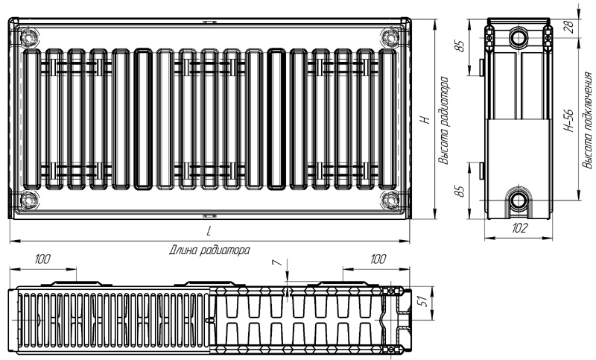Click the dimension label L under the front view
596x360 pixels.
(209, 231)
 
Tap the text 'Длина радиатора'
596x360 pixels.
(209, 250)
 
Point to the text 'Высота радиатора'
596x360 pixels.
(443, 121)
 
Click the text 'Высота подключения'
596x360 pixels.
(587, 120)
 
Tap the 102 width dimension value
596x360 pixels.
(519, 228)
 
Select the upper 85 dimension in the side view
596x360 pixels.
(460, 46)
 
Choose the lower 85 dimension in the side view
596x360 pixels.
(460, 191)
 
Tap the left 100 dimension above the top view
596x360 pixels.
(42, 259)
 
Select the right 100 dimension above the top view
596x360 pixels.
(378, 259)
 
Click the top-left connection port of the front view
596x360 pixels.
(28, 37)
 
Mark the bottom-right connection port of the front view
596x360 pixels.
(390, 200)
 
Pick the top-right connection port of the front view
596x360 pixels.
(390, 37)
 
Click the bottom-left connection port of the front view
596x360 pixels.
(28, 200)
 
